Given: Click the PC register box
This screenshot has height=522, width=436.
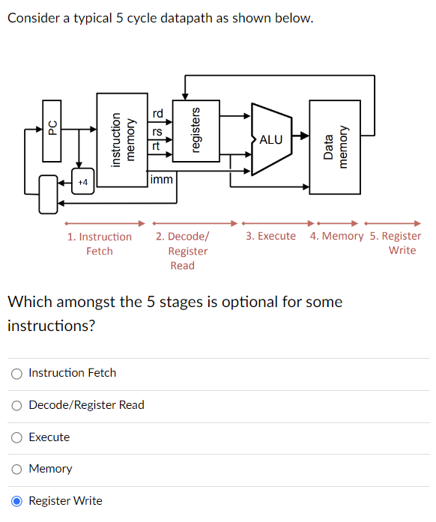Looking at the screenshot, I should [x=52, y=129].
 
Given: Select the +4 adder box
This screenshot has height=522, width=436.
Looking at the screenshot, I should [x=82, y=181].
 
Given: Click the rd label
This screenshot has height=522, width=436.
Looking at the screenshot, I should [x=157, y=114].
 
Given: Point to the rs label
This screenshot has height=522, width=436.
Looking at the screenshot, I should [x=157, y=132].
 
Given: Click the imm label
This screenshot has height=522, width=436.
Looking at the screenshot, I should [x=161, y=180].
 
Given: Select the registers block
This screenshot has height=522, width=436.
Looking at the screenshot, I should [x=196, y=131].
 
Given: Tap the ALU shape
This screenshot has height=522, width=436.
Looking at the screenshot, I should [x=270, y=139].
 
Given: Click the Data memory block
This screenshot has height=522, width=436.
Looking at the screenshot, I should [x=335, y=147].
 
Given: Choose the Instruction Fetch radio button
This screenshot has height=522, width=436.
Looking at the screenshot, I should [x=16, y=373].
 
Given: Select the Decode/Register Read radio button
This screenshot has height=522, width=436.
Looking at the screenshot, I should [x=16, y=405].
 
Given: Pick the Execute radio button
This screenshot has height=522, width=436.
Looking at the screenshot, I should [x=16, y=437].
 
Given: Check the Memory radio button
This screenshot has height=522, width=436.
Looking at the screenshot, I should [x=16, y=469].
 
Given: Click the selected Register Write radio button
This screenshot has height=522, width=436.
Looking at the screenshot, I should [x=16, y=501].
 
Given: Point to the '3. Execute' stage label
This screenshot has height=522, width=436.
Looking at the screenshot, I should [x=270, y=236].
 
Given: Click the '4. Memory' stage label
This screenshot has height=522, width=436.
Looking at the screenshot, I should [x=336, y=236].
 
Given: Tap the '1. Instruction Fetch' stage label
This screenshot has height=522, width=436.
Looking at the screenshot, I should [x=99, y=243].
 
